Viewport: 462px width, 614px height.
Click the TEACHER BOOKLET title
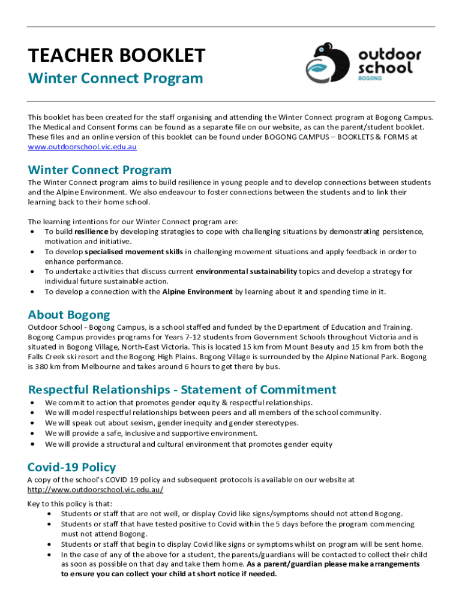tap(116, 56)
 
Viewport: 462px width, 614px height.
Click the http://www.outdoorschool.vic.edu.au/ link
tap(95, 489)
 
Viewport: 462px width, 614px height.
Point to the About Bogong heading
tap(69, 315)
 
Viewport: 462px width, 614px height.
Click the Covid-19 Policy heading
tap(71, 467)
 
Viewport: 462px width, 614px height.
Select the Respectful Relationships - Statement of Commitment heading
tap(182, 390)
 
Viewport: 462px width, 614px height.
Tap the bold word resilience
tap(91, 231)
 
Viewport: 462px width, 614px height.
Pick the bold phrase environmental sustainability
tap(246, 272)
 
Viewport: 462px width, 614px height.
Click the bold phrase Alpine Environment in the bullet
tap(197, 292)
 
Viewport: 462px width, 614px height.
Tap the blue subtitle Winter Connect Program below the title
tap(116, 79)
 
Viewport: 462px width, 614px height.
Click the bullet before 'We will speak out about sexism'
tap(31, 423)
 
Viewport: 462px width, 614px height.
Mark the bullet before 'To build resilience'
tap(31, 231)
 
